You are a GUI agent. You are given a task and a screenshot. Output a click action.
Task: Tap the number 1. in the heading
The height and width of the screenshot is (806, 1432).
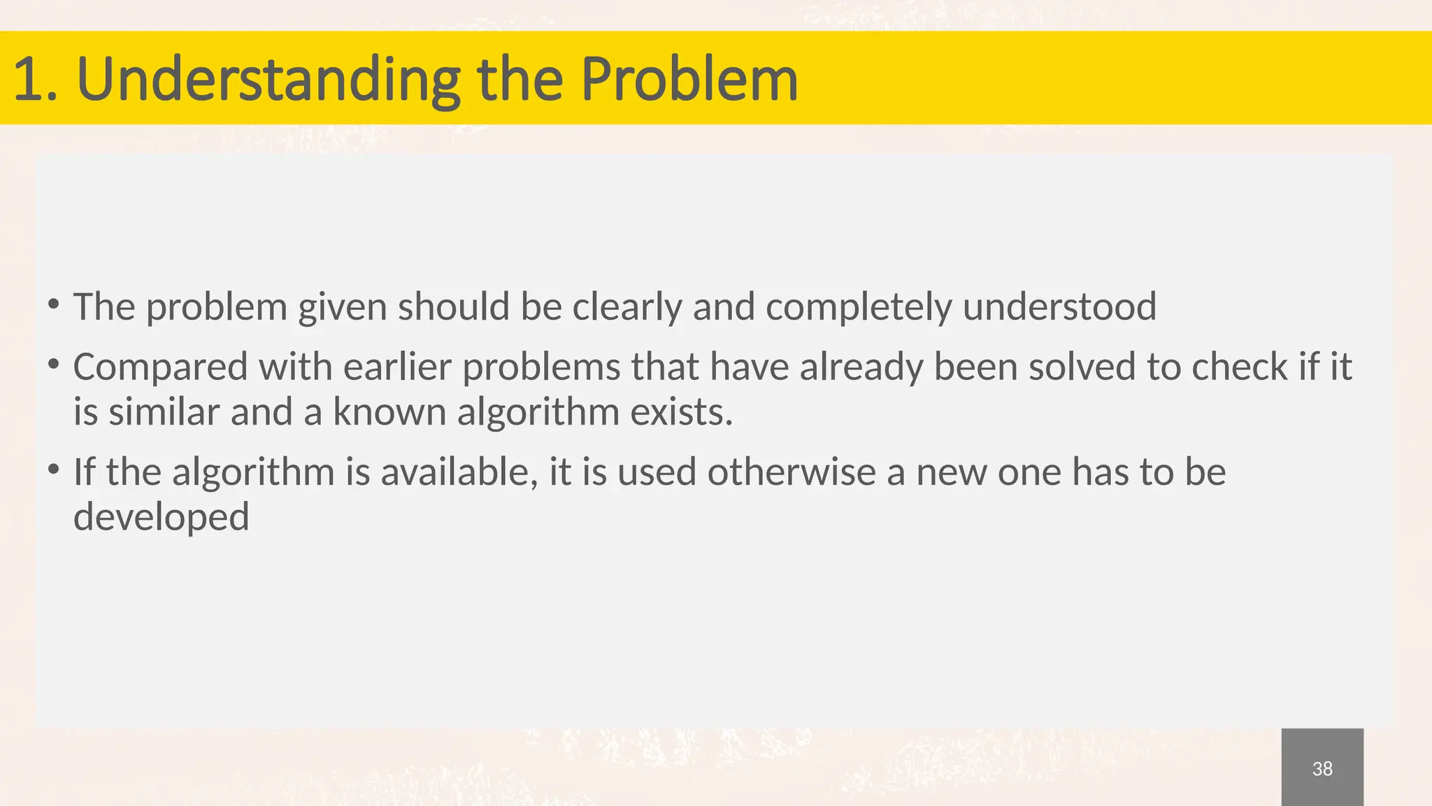(35, 79)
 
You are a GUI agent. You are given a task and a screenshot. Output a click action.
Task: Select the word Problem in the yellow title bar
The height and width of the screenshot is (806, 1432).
(689, 79)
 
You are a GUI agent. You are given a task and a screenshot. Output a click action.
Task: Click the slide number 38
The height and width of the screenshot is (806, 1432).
(1322, 769)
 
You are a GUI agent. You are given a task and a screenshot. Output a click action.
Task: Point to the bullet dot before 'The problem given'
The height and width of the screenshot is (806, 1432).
(53, 304)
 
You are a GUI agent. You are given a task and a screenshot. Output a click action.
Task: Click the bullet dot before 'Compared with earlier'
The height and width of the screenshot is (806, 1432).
(53, 364)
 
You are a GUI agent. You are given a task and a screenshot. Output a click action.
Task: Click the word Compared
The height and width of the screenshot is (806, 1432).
(160, 367)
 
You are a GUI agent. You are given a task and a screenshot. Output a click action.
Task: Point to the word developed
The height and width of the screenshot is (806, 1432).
(162, 517)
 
